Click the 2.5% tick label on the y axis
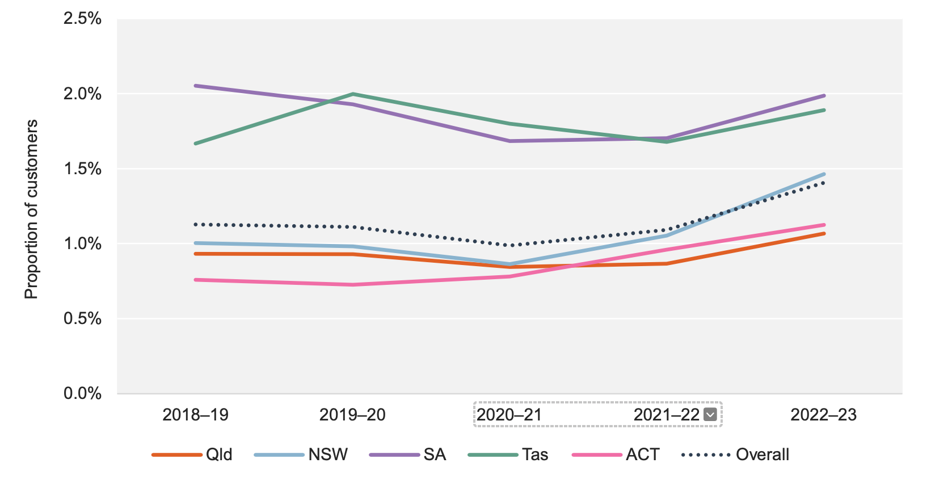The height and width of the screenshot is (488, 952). [82, 19]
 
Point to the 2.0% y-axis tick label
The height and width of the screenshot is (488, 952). [82, 94]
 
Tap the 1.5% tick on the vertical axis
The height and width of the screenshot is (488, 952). [82, 169]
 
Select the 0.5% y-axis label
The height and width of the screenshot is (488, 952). [82, 318]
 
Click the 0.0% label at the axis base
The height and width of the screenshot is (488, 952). [82, 393]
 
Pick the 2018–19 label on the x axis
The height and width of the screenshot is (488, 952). [195, 415]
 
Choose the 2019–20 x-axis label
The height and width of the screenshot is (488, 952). [352, 415]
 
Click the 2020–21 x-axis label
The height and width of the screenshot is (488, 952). [509, 415]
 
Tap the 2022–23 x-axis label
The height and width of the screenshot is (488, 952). [823, 415]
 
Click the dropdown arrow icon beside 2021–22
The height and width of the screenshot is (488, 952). [710, 415]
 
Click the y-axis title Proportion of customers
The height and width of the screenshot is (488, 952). [31, 209]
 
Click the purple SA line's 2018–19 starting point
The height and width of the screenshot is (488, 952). [196, 86]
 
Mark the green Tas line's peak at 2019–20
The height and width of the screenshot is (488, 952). [353, 94]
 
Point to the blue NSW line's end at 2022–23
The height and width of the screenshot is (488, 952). [823, 174]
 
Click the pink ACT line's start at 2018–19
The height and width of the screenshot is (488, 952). [196, 280]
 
